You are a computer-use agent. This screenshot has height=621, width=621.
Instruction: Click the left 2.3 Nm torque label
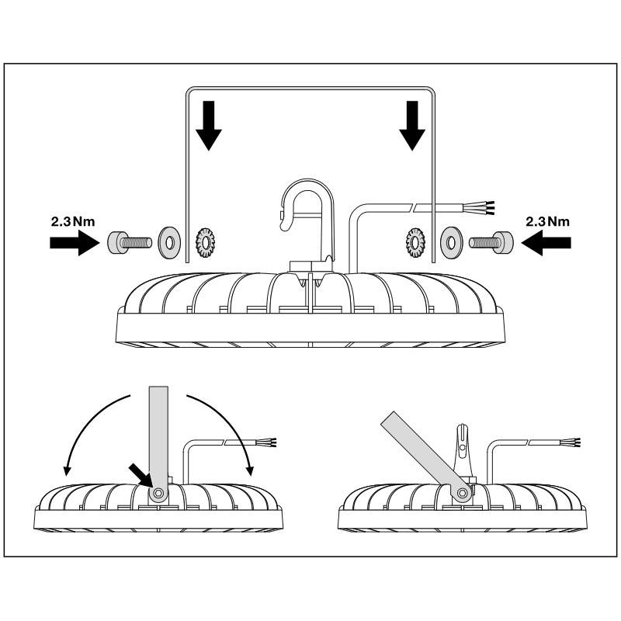[x=72, y=221]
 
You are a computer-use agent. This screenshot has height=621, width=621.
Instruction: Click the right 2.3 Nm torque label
[x=547, y=221]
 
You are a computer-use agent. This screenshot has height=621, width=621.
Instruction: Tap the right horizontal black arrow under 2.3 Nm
[x=547, y=242]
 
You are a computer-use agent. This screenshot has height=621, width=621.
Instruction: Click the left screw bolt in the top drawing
[x=127, y=241]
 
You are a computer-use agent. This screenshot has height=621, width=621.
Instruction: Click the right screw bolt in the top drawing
[x=494, y=241]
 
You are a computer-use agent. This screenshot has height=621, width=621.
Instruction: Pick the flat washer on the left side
[x=167, y=241]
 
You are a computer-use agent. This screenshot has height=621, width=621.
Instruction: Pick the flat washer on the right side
[x=451, y=241]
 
